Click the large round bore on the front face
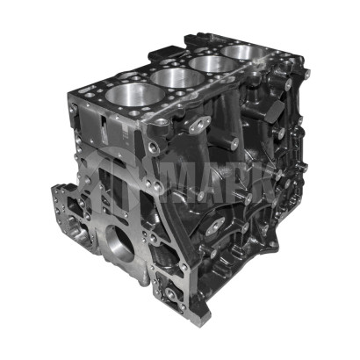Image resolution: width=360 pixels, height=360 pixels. [119, 242]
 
